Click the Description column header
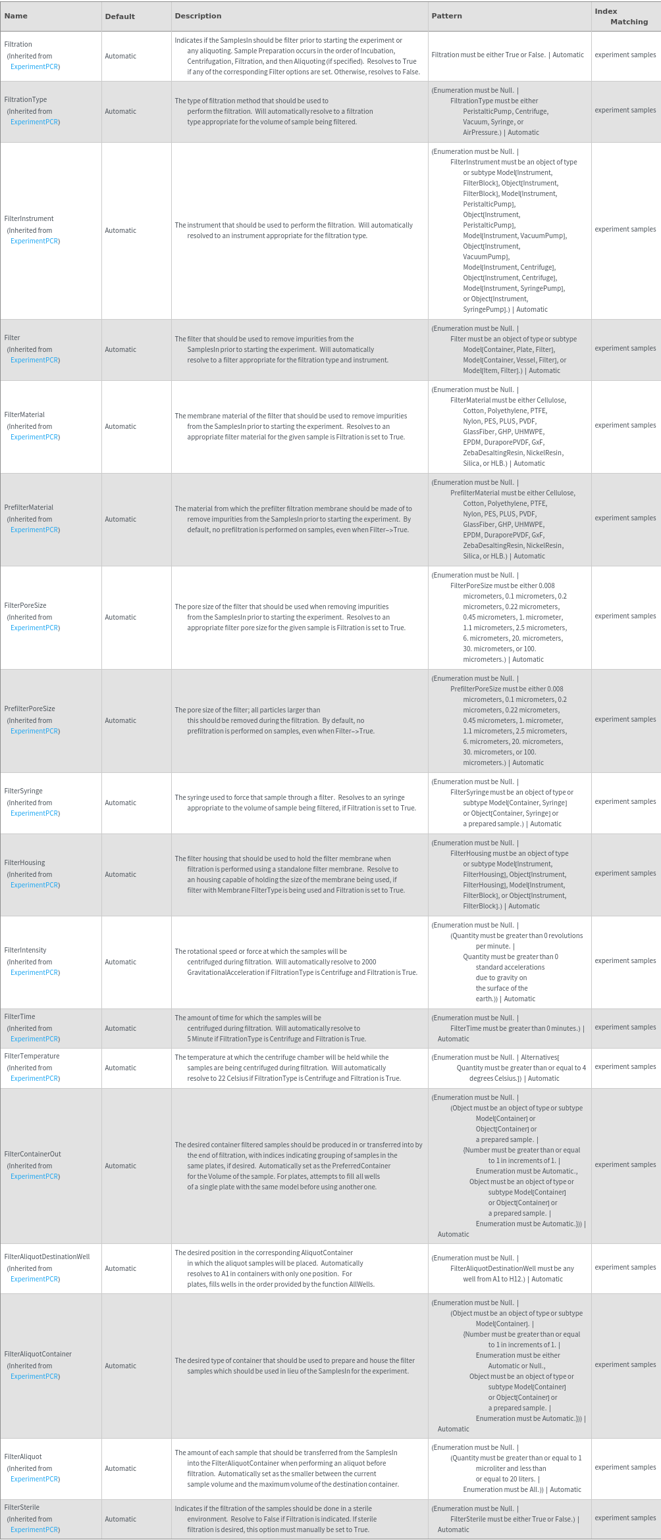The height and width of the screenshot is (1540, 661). pyautogui.click(x=198, y=16)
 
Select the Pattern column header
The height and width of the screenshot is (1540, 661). pyautogui.click(x=446, y=16)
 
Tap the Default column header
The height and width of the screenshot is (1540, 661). pyautogui.click(x=120, y=16)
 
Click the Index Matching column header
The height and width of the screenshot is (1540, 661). pyautogui.click(x=621, y=16)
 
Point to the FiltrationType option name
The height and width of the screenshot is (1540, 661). pyautogui.click(x=26, y=99)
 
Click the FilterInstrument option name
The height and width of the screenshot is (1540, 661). pyautogui.click(x=29, y=218)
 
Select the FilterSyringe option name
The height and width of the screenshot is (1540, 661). pyautogui.click(x=24, y=791)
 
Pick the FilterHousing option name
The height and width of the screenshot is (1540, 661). pyautogui.click(x=25, y=862)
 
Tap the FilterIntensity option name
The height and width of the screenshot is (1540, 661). pyautogui.click(x=26, y=950)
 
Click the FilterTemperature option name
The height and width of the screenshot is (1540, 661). pyautogui.click(x=32, y=1056)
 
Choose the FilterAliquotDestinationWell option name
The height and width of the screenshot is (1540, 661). pyautogui.click(x=47, y=1256)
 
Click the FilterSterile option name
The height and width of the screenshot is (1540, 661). pyautogui.click(x=22, y=1507)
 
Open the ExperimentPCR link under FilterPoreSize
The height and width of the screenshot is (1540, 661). pyautogui.click(x=35, y=628)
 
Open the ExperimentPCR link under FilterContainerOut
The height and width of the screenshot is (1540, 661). pyautogui.click(x=35, y=1176)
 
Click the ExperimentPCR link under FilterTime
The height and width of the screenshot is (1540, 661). pyautogui.click(x=35, y=1039)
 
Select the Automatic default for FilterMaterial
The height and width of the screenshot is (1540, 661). pyautogui.click(x=120, y=426)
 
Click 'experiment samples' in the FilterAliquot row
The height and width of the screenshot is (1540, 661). pyautogui.click(x=625, y=1467)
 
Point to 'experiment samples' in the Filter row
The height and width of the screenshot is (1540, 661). pyautogui.click(x=625, y=348)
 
